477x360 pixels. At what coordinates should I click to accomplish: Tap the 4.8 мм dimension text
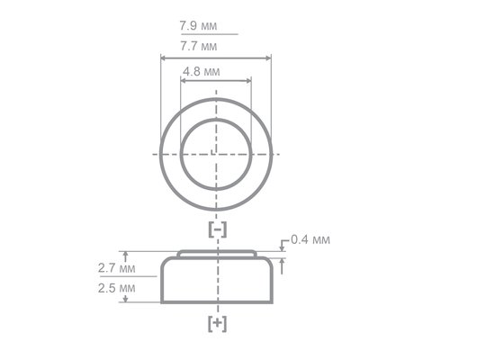[x=202, y=69]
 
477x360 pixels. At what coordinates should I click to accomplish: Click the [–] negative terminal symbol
[x=217, y=229]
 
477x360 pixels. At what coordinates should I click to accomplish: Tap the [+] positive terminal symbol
[x=217, y=322]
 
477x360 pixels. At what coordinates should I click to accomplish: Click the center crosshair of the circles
[x=217, y=153]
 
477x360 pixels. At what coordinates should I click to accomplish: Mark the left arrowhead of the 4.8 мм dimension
[x=184, y=80]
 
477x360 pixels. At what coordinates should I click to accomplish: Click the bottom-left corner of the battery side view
[x=163, y=301]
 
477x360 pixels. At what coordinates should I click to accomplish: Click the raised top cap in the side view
[x=217, y=254]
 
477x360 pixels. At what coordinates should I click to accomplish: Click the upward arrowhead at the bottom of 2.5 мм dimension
[x=126, y=299]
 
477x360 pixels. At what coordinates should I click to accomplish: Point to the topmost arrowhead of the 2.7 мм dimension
[x=126, y=254]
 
